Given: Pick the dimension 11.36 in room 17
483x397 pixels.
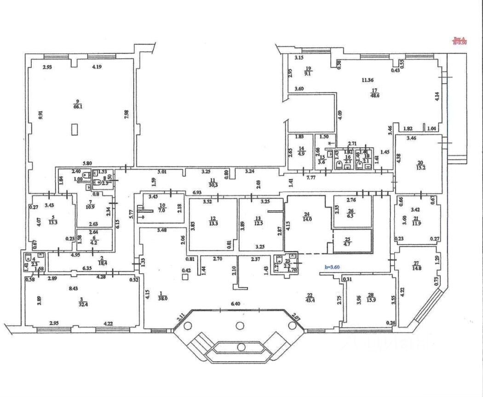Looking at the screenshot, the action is [367, 80].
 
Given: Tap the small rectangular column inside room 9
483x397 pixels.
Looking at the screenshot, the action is [75, 129].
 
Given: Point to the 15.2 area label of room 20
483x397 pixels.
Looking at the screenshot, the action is [420, 168].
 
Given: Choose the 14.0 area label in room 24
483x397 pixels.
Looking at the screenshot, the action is [307, 220].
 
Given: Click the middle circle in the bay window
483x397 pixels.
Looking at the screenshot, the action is [239, 326].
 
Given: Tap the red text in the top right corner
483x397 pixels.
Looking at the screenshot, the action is [460, 41].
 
